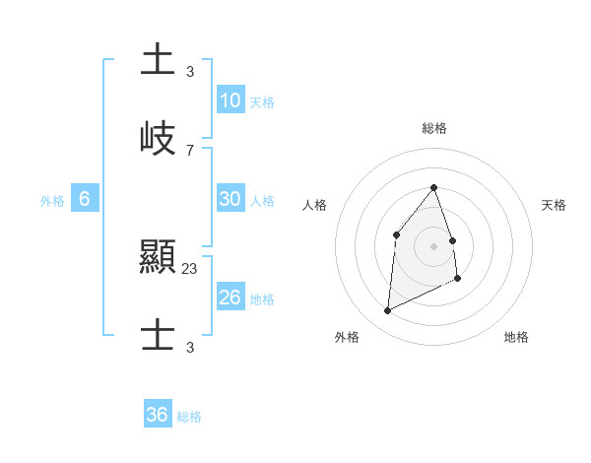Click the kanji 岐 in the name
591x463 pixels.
point(159,139)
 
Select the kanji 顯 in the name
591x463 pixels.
point(159,259)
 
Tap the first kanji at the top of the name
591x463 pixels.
point(159,60)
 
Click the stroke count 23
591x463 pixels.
point(190,268)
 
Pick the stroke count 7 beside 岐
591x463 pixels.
point(190,150)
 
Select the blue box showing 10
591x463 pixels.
point(230,100)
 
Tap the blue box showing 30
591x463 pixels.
point(230,199)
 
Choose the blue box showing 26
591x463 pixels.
point(230,298)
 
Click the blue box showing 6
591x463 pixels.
point(85,199)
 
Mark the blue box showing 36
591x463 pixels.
point(158,416)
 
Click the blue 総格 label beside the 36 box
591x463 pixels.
point(189,417)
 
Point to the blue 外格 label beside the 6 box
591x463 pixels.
point(52,201)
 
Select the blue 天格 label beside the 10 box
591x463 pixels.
point(262,102)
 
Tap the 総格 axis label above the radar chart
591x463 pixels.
point(434,128)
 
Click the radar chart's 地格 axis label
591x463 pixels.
point(516,337)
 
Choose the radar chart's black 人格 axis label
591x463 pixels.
point(315,205)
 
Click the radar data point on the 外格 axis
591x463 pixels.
point(387,311)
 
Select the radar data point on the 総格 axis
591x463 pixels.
point(434,187)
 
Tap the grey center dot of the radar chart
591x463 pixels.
point(434,245)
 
